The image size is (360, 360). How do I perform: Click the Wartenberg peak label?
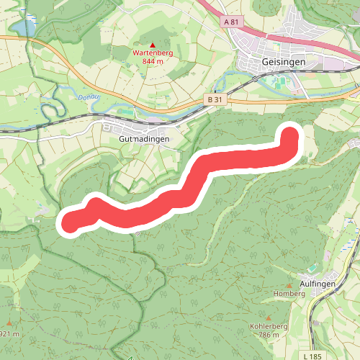pyautogui.click(x=153, y=53)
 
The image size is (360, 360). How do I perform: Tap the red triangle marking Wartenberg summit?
pyautogui.click(x=153, y=45)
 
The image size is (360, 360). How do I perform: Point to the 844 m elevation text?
pyautogui.click(x=153, y=61)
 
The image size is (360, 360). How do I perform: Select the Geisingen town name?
pyautogui.click(x=284, y=63)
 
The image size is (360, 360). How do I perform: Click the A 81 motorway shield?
pyautogui.click(x=230, y=22)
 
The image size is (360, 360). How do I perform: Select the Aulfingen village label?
pyautogui.click(x=318, y=284)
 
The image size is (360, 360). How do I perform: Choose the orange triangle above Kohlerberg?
pyautogui.click(x=269, y=318)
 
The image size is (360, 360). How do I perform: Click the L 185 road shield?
pyautogui.click(x=312, y=356)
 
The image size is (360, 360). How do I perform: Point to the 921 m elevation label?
pyautogui.click(x=7, y=334)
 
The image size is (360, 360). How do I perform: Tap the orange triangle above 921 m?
pyautogui.click(x=9, y=324)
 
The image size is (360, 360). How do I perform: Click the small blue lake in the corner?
pyautogui.click(x=21, y=27)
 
